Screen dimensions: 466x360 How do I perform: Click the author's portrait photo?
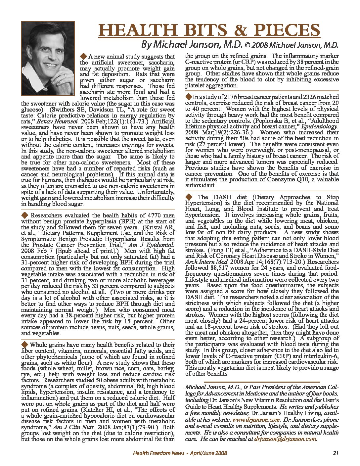pyautogui.click(x=48, y=58)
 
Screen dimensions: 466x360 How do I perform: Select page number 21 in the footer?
pyautogui.click(x=336, y=453)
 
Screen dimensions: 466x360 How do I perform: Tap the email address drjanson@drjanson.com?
pyautogui.click(x=285, y=439)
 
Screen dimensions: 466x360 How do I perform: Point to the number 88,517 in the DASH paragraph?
pyautogui.click(x=221, y=262)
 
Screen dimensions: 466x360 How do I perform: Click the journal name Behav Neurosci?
pyautogui.click(x=53, y=121)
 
